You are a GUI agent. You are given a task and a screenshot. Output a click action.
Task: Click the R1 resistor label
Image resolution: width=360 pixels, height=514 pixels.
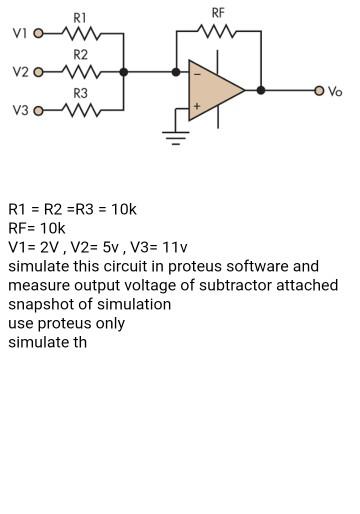pos(81,18)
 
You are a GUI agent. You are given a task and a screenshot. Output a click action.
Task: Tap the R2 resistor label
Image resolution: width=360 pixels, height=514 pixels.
pos(81,54)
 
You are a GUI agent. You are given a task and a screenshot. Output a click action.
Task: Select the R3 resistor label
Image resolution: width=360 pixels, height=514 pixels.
pos(81,92)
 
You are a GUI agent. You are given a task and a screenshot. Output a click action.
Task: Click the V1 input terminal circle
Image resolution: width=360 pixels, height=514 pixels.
pos(39,33)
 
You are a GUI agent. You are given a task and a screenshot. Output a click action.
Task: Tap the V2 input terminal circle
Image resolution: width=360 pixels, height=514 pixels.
pos(39,72)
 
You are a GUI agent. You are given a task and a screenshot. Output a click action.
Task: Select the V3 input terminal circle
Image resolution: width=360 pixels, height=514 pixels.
pos(39,110)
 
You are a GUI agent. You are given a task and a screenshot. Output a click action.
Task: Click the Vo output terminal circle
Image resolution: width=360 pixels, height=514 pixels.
pos(319,90)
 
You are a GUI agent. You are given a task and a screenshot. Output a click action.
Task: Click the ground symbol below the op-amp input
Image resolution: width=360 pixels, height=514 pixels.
pos(177,136)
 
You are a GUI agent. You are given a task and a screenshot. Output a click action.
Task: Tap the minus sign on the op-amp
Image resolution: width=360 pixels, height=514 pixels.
pos(197,73)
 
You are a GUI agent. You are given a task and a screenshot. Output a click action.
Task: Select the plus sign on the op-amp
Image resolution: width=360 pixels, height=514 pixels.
pos(197,106)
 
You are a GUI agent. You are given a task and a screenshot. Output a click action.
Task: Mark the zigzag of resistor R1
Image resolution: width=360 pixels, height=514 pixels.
pos(81,33)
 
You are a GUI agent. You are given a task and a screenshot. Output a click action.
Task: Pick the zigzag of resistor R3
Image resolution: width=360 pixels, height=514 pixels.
pos(81,110)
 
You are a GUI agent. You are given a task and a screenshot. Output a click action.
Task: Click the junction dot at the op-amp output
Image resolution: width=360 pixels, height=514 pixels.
pos(261,90)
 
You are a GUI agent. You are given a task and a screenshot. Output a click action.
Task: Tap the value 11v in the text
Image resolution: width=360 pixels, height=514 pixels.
pos(172,247)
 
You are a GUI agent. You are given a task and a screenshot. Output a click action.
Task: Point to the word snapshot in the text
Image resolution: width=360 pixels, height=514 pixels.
pos(39,304)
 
